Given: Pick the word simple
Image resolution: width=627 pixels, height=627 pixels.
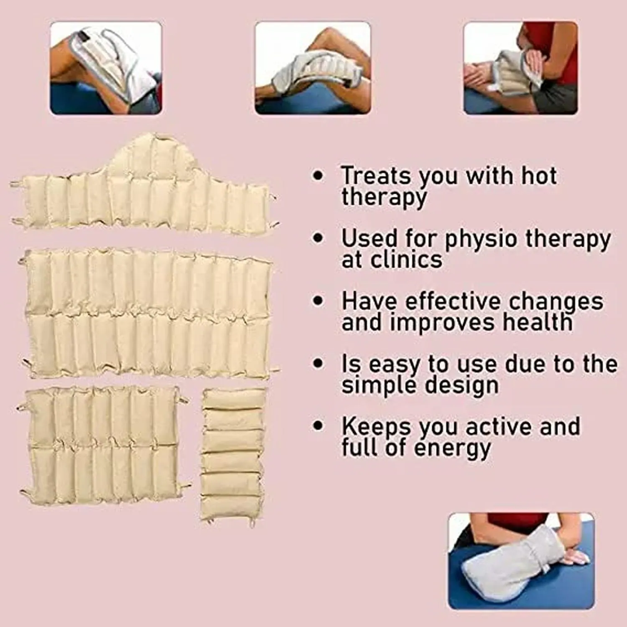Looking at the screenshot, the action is [367, 385].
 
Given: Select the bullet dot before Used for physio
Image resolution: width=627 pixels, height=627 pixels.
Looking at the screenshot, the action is [318, 238].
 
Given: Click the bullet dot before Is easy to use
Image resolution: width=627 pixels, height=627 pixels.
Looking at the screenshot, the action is [318, 363].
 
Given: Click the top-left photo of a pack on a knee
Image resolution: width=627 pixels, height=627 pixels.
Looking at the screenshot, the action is [106, 68].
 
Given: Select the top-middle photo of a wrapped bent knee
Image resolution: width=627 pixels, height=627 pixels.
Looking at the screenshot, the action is [313, 68].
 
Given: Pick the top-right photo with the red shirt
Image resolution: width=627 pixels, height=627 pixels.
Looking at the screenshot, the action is [520, 68].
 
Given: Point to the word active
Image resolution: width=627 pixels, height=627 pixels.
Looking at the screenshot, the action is [500, 426].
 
